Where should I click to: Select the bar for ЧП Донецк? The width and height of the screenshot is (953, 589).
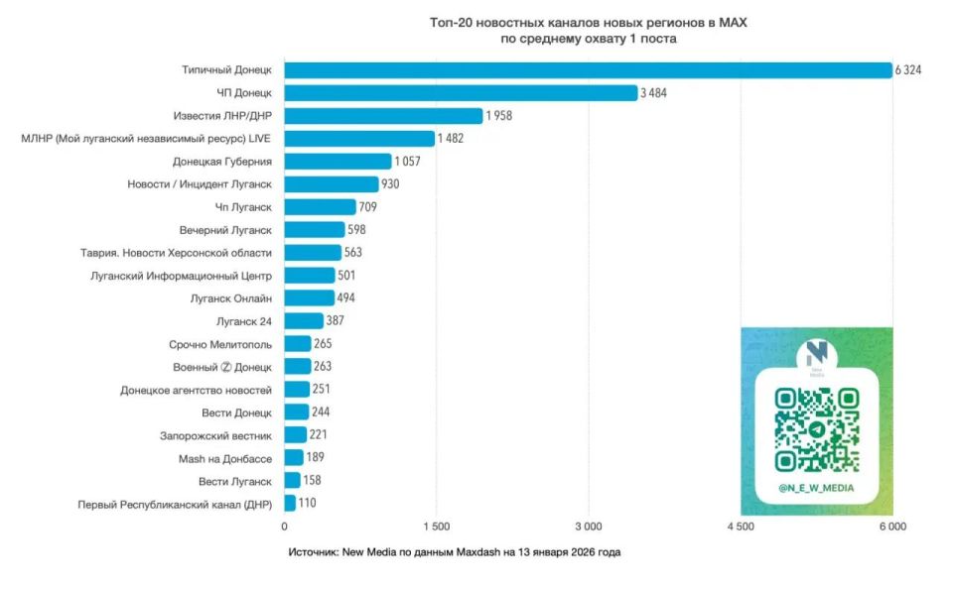(461, 92)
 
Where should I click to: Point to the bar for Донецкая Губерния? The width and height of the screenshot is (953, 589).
(338, 161)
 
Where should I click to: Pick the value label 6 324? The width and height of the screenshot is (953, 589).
(908, 69)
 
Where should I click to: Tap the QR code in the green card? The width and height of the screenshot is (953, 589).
(816, 429)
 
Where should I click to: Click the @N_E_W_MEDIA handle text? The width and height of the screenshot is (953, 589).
(816, 488)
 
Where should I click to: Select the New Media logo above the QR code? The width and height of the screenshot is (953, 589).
(816, 356)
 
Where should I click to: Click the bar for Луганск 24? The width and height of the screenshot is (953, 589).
(304, 321)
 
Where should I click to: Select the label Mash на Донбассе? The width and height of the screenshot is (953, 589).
(224, 458)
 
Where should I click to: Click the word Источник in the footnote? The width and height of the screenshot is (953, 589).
(313, 551)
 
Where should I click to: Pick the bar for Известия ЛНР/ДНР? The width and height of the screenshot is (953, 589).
(383, 116)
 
